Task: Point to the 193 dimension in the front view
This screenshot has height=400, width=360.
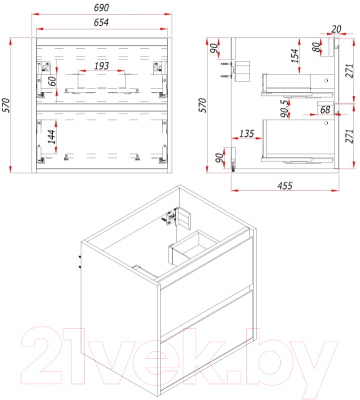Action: coord(101,67)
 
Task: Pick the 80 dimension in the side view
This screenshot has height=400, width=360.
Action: coord(317,48)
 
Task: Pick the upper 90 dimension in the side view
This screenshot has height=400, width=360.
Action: coord(213,47)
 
